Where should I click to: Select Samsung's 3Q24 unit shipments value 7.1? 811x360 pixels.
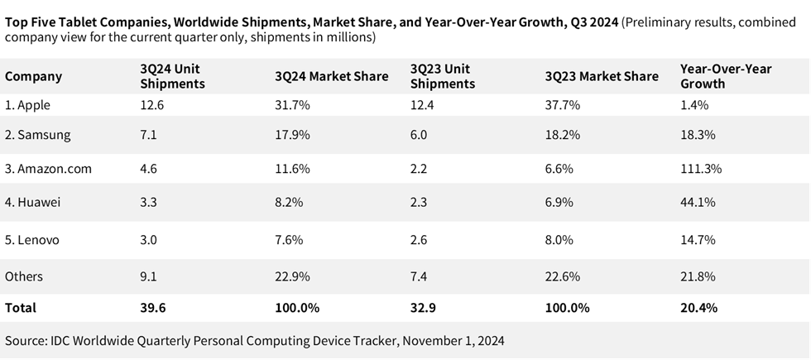coord(150,134)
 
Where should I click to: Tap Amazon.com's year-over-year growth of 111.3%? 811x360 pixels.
coord(701,168)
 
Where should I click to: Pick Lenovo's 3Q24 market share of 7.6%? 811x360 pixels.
coord(292,239)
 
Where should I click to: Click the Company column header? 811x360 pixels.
coord(33,76)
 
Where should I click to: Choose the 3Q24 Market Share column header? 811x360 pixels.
coord(331,76)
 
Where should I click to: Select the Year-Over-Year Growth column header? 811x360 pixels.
coord(725,76)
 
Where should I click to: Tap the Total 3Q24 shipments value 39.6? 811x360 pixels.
coord(154,307)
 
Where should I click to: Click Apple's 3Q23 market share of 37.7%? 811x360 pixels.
coord(563,105)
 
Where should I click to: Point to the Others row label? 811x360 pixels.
coord(24,276)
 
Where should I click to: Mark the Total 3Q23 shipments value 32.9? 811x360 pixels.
coord(425,307)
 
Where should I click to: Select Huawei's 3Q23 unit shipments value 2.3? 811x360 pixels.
coord(419,203)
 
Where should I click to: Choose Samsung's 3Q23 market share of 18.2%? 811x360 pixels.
coord(563,134)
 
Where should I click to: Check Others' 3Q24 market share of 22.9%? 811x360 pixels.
coord(295,276)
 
